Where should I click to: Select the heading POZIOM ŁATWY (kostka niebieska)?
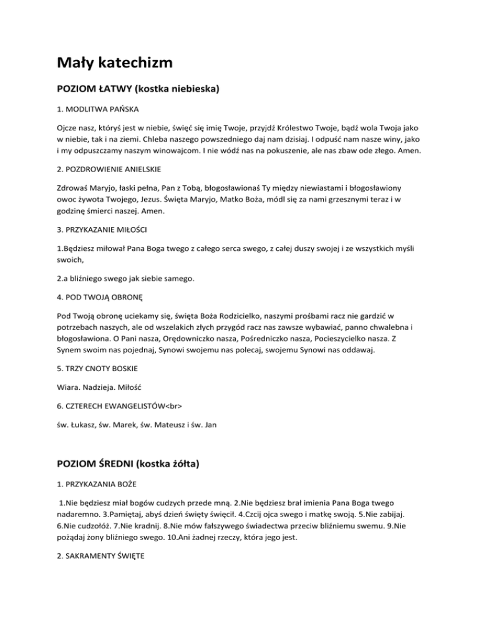pos(137,89)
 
